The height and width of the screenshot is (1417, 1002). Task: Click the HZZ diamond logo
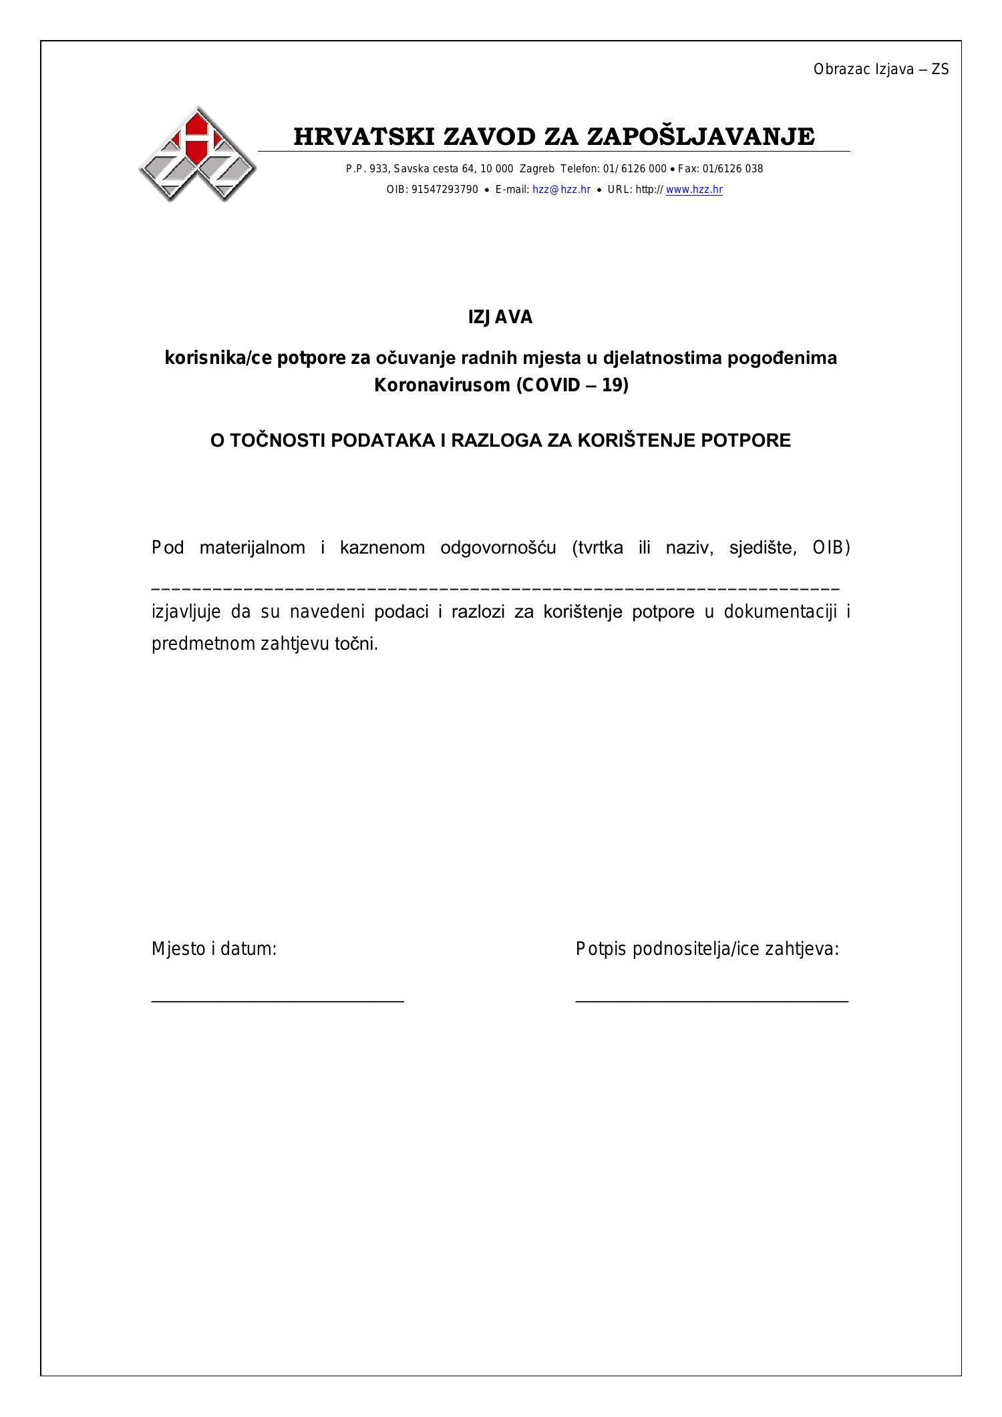coord(198,154)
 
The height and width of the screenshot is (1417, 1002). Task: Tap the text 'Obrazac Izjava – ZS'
coord(880,69)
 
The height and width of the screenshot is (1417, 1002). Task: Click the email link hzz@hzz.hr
coord(561,190)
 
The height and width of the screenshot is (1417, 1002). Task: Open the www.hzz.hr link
coord(694,190)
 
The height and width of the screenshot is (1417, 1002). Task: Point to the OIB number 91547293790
coord(445,190)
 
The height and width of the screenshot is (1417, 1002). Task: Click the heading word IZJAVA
coord(500,318)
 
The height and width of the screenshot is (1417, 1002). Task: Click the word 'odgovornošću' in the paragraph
coord(498,548)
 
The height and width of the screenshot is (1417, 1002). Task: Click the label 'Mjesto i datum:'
coord(214,949)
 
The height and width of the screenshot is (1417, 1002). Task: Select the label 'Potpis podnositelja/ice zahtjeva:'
coord(707,949)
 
